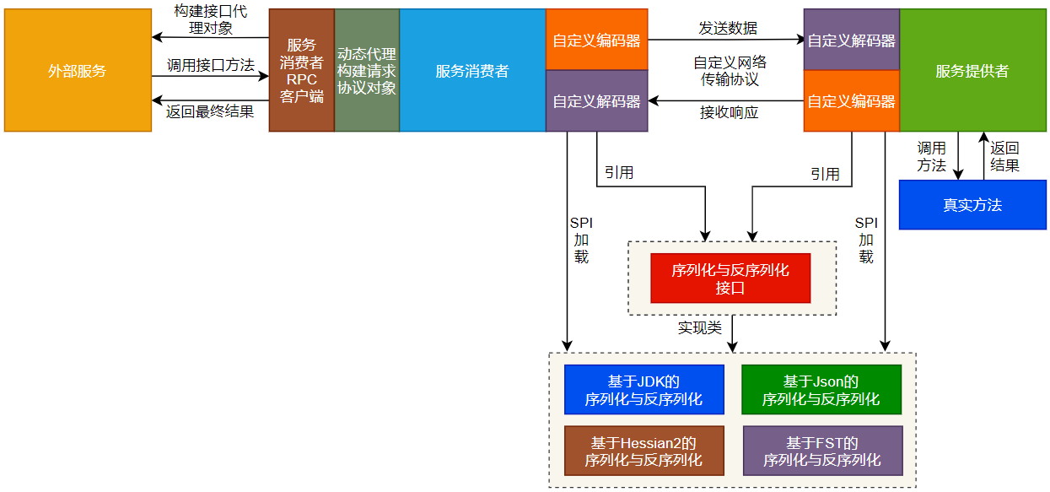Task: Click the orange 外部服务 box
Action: pos(78,71)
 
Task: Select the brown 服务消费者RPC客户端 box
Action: pos(301,71)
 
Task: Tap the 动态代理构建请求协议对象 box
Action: pos(367,71)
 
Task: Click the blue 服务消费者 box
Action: pos(472,71)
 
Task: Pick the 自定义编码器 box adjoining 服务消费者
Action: pos(596,40)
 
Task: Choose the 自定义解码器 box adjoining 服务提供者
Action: pos(851,40)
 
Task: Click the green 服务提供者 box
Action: pos(972,71)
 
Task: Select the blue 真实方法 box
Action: pos(972,205)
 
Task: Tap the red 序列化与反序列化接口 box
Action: pos(730,278)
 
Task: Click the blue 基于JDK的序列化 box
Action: pos(643,390)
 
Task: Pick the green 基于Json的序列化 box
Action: pos(821,390)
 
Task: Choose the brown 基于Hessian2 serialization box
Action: pos(643,451)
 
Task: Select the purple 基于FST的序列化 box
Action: pos(822,451)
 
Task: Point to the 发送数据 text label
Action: pos(728,28)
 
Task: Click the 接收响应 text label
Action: pos(729,112)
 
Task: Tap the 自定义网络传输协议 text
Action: pos(730,71)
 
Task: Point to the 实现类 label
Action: pos(699,327)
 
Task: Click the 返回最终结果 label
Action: pos(210,111)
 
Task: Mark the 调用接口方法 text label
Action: pos(210,65)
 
